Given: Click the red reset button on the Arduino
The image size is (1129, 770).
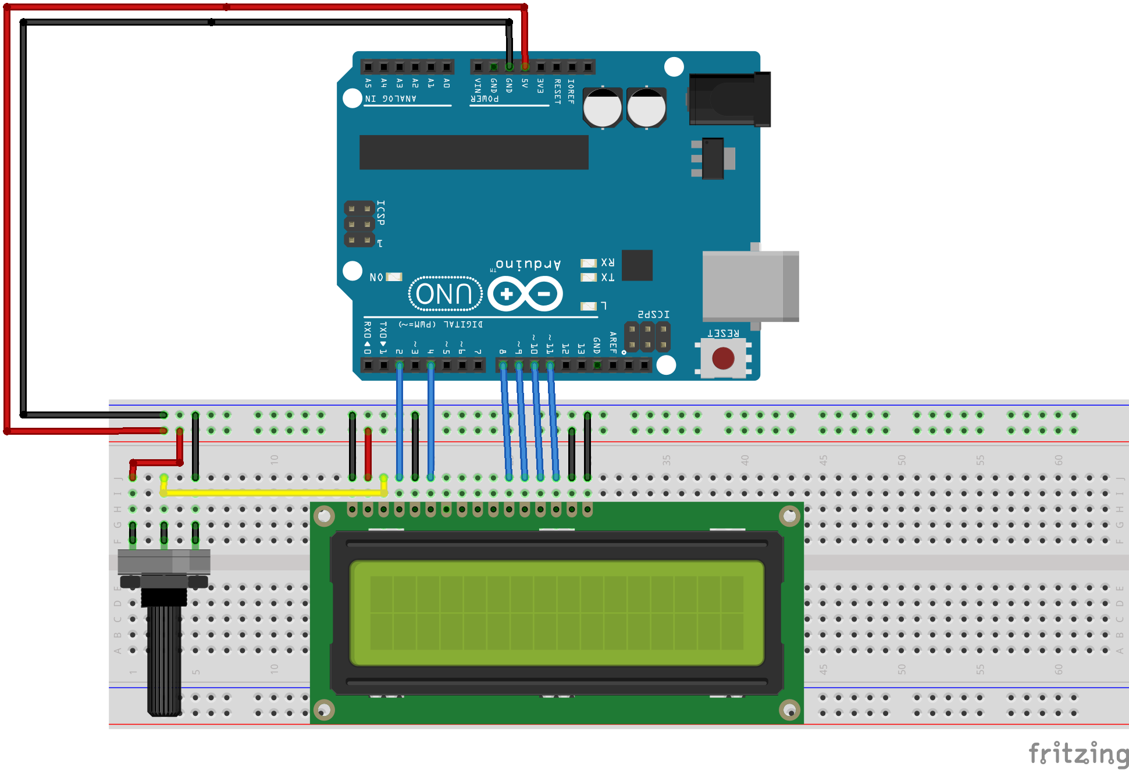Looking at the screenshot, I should point(723,358).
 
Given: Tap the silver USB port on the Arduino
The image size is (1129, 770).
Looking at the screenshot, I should point(750,286).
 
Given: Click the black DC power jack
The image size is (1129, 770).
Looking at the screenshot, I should point(730,99).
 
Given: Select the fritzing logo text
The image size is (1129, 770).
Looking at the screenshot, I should point(1078,754).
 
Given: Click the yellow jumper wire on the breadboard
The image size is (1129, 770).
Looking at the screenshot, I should point(273,493).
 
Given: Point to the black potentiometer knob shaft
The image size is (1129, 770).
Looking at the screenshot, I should point(164,658).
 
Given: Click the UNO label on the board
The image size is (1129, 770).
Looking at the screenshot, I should point(445,294).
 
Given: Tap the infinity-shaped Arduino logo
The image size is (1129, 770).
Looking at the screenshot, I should point(525,294).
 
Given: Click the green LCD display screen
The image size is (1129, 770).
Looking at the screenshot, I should point(557,612).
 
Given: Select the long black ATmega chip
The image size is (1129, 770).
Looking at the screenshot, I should point(473,152).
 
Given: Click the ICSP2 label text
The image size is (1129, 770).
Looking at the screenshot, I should point(653,314).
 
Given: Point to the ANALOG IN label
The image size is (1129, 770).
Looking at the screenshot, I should point(391,98).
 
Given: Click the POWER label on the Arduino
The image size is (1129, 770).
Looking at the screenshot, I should point(485,99).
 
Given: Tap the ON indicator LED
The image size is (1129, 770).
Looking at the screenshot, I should point(394,277).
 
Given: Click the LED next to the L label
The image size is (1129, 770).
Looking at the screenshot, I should point(589,306).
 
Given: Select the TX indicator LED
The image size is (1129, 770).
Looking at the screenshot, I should point(589,278).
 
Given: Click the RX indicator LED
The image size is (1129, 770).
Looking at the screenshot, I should point(589,263).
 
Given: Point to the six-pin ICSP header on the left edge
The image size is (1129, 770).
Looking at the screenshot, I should point(359,224).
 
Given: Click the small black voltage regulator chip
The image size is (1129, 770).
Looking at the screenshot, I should point(713,158).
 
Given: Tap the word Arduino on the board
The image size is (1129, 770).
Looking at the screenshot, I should point(528,264).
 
